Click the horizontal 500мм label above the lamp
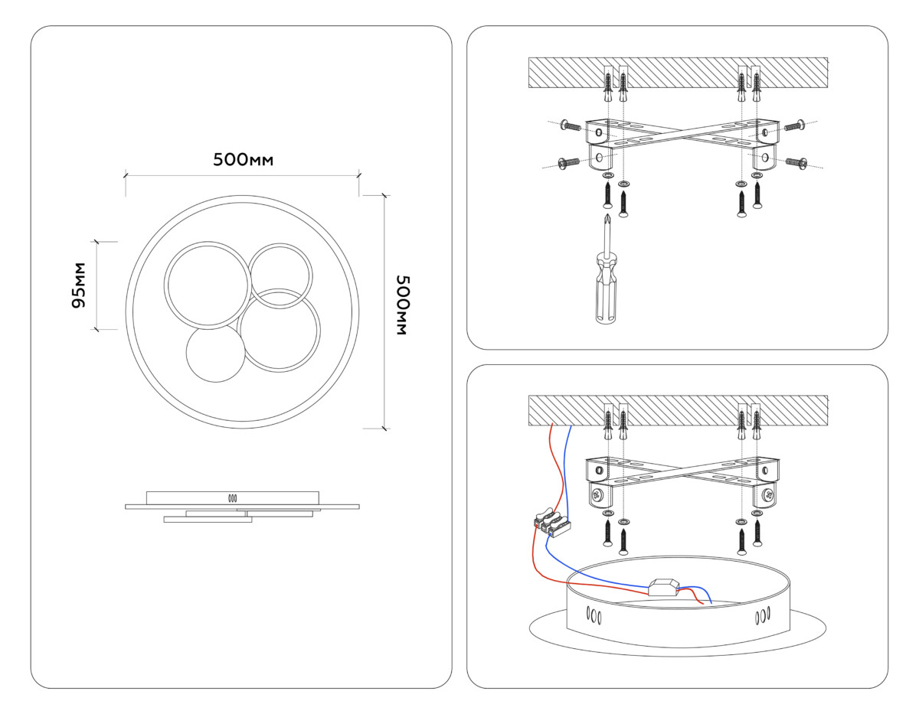pyautogui.click(x=243, y=160)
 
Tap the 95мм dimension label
pyautogui.click(x=78, y=285)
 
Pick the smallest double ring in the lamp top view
pyautogui.click(x=281, y=276)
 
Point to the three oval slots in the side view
pyautogui.click(x=231, y=497)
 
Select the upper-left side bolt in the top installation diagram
pyautogui.click(x=571, y=125)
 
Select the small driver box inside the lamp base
pyautogui.click(x=663, y=588)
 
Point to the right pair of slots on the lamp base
pyautogui.click(x=762, y=616)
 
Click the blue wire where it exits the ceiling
pyautogui.click(x=571, y=429)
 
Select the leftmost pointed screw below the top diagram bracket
pyautogui.click(x=607, y=197)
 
